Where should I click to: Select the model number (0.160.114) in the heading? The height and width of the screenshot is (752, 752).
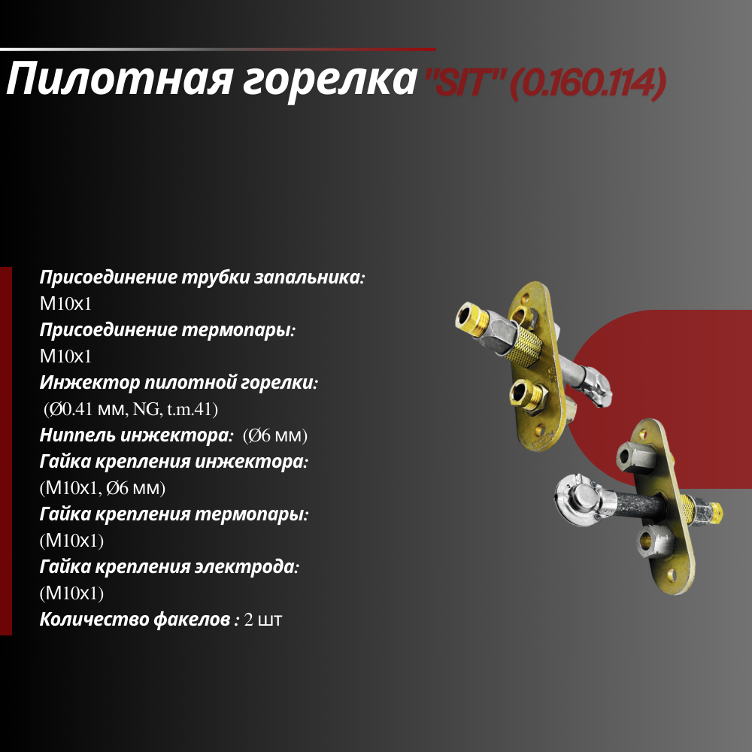[x=587, y=83]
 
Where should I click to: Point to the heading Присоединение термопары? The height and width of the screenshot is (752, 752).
[x=167, y=330]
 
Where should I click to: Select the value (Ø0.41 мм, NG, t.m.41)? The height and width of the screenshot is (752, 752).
[x=130, y=409]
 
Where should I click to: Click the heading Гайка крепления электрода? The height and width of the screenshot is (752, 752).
[x=170, y=568]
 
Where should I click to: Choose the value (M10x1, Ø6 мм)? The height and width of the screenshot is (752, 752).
[x=102, y=489]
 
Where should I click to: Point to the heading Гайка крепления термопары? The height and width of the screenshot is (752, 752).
[x=174, y=515]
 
